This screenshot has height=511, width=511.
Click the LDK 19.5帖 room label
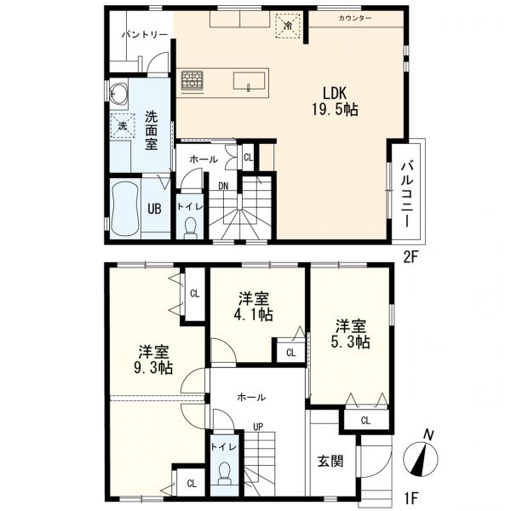point(335,101)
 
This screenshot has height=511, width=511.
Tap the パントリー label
point(145,34)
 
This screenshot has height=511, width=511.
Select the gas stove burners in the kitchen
point(192,80)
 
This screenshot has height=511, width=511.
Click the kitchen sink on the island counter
point(249,82)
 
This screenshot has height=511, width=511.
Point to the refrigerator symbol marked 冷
point(288,26)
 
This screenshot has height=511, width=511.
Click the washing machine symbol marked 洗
point(123,125)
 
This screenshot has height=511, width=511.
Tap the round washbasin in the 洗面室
point(118,93)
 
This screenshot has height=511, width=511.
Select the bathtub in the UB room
point(125,209)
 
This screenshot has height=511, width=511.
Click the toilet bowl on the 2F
point(190,227)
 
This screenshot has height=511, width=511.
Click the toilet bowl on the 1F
point(224,472)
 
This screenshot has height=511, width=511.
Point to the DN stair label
point(223,186)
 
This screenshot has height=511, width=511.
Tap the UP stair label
point(258,427)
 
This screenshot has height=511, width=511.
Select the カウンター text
point(355,18)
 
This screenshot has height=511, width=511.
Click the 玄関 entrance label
point(330,461)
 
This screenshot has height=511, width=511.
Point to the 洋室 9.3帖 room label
point(153,359)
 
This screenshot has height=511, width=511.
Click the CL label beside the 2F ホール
point(249,158)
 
